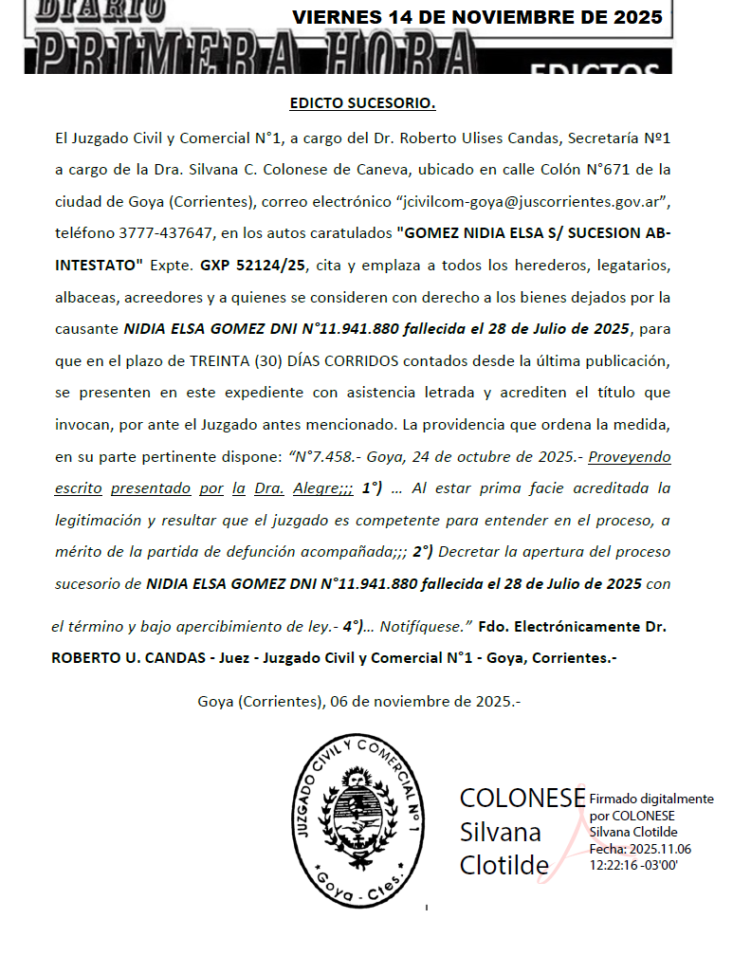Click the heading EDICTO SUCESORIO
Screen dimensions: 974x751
(362, 102)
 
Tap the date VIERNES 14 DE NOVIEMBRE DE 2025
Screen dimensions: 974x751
(478, 17)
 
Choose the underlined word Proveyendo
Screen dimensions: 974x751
(630, 456)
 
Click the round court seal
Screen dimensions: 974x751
(357, 819)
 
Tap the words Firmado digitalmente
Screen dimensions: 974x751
(651, 799)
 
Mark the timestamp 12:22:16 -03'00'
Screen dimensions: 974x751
(633, 864)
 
